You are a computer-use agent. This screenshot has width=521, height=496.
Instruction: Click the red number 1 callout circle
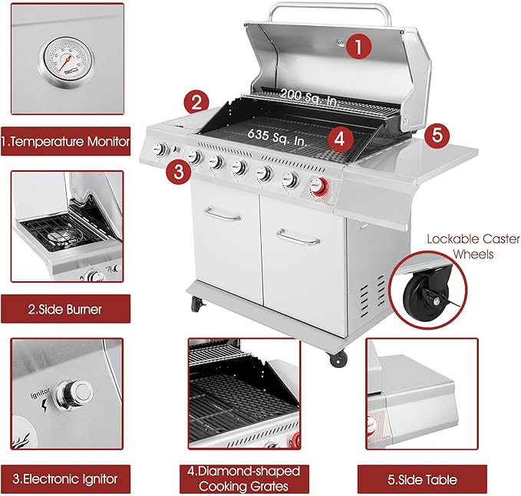pyautogui.click(x=358, y=47)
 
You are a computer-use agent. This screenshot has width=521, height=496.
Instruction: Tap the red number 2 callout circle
pyautogui.click(x=196, y=103)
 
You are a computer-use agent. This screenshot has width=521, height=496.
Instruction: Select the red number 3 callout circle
pyautogui.click(x=179, y=172)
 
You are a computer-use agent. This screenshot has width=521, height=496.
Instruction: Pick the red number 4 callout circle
pyautogui.click(x=340, y=139)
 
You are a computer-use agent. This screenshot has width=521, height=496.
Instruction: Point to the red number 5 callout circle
pyautogui.click(x=437, y=136)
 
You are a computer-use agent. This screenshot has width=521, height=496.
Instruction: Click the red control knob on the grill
pyautogui.click(x=318, y=186)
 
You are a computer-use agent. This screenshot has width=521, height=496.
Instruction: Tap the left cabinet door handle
pyautogui.click(x=223, y=214)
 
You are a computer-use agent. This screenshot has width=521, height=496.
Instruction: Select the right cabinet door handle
pyautogui.click(x=298, y=238)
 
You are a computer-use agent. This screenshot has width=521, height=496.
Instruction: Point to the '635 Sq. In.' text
pyautogui.click(x=276, y=137)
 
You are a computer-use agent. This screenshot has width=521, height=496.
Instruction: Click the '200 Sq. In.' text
pyautogui.click(x=308, y=97)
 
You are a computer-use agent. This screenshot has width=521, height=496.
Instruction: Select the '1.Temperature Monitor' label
pyautogui.click(x=65, y=142)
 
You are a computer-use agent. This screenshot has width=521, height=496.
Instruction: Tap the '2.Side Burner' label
pyautogui.click(x=65, y=310)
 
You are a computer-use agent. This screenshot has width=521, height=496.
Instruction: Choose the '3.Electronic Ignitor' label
pyautogui.click(x=65, y=479)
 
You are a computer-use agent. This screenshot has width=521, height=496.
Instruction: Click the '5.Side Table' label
pyautogui.click(x=422, y=479)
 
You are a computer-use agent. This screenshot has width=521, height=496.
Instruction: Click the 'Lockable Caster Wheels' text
pyautogui.click(x=473, y=246)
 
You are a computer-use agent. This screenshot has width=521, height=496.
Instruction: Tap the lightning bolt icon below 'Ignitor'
pyautogui.click(x=45, y=406)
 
